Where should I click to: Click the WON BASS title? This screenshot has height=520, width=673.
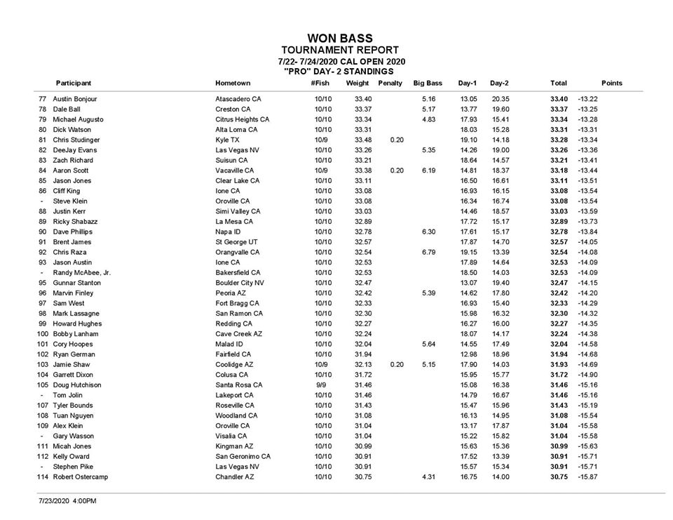(x=340, y=38)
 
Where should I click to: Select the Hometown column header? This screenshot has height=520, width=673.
(x=233, y=83)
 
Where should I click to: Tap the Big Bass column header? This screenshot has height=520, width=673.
(x=427, y=83)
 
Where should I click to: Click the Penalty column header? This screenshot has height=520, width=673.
(x=390, y=83)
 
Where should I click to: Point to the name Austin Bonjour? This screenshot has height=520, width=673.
(x=76, y=99)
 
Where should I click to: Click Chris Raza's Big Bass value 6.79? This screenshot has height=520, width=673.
(x=429, y=252)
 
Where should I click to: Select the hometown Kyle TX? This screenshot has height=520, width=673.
(x=229, y=140)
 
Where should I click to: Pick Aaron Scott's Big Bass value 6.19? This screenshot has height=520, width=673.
(x=429, y=171)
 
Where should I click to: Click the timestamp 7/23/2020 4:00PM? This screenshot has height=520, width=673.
(x=67, y=501)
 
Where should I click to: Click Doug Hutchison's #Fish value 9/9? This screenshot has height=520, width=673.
(x=321, y=385)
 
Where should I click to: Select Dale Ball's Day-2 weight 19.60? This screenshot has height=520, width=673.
(x=500, y=109)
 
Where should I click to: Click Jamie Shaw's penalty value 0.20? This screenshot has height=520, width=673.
(x=396, y=364)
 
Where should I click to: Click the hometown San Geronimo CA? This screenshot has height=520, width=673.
(x=243, y=456)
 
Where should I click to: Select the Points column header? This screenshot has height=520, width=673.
(x=611, y=83)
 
